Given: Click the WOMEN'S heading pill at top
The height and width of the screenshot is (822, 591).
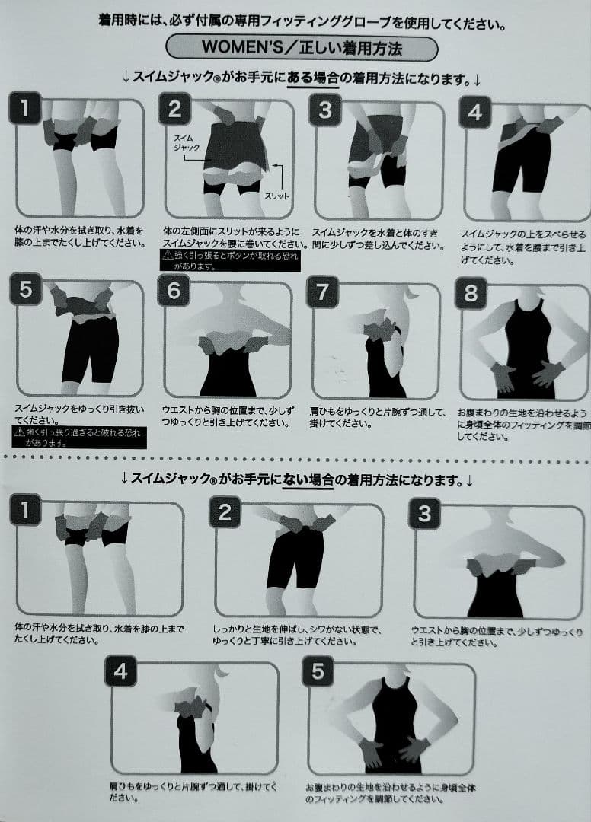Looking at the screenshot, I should point(302,47).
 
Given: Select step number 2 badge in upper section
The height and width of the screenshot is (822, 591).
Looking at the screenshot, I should point(174,110).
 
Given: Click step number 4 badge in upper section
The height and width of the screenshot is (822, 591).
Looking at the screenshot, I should point(475,113).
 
